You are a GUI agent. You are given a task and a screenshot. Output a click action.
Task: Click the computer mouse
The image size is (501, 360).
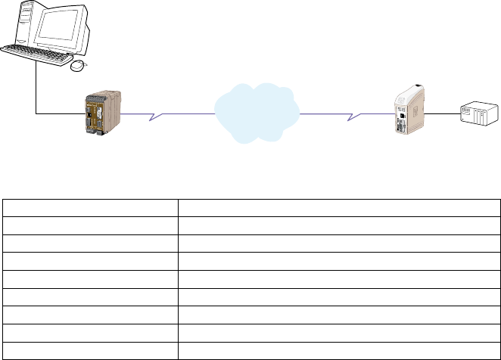pyautogui.click(x=79, y=66)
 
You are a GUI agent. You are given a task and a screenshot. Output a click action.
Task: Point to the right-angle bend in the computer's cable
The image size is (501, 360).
pyautogui.click(x=36, y=114)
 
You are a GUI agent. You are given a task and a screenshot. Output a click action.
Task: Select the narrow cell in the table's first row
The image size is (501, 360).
pyautogui.click(x=90, y=209)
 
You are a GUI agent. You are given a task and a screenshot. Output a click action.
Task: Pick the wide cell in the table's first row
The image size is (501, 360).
pyautogui.click(x=338, y=209)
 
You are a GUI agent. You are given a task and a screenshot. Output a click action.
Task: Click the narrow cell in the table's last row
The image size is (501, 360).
pyautogui.click(x=90, y=350)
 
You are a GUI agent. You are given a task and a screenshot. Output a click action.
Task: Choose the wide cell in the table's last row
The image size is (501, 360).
pyautogui.click(x=338, y=350)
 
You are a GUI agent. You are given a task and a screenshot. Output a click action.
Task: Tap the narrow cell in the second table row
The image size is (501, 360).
pyautogui.click(x=90, y=226)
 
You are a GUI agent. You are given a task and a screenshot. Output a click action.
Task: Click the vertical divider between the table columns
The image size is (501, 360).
pyautogui.click(x=178, y=280)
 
